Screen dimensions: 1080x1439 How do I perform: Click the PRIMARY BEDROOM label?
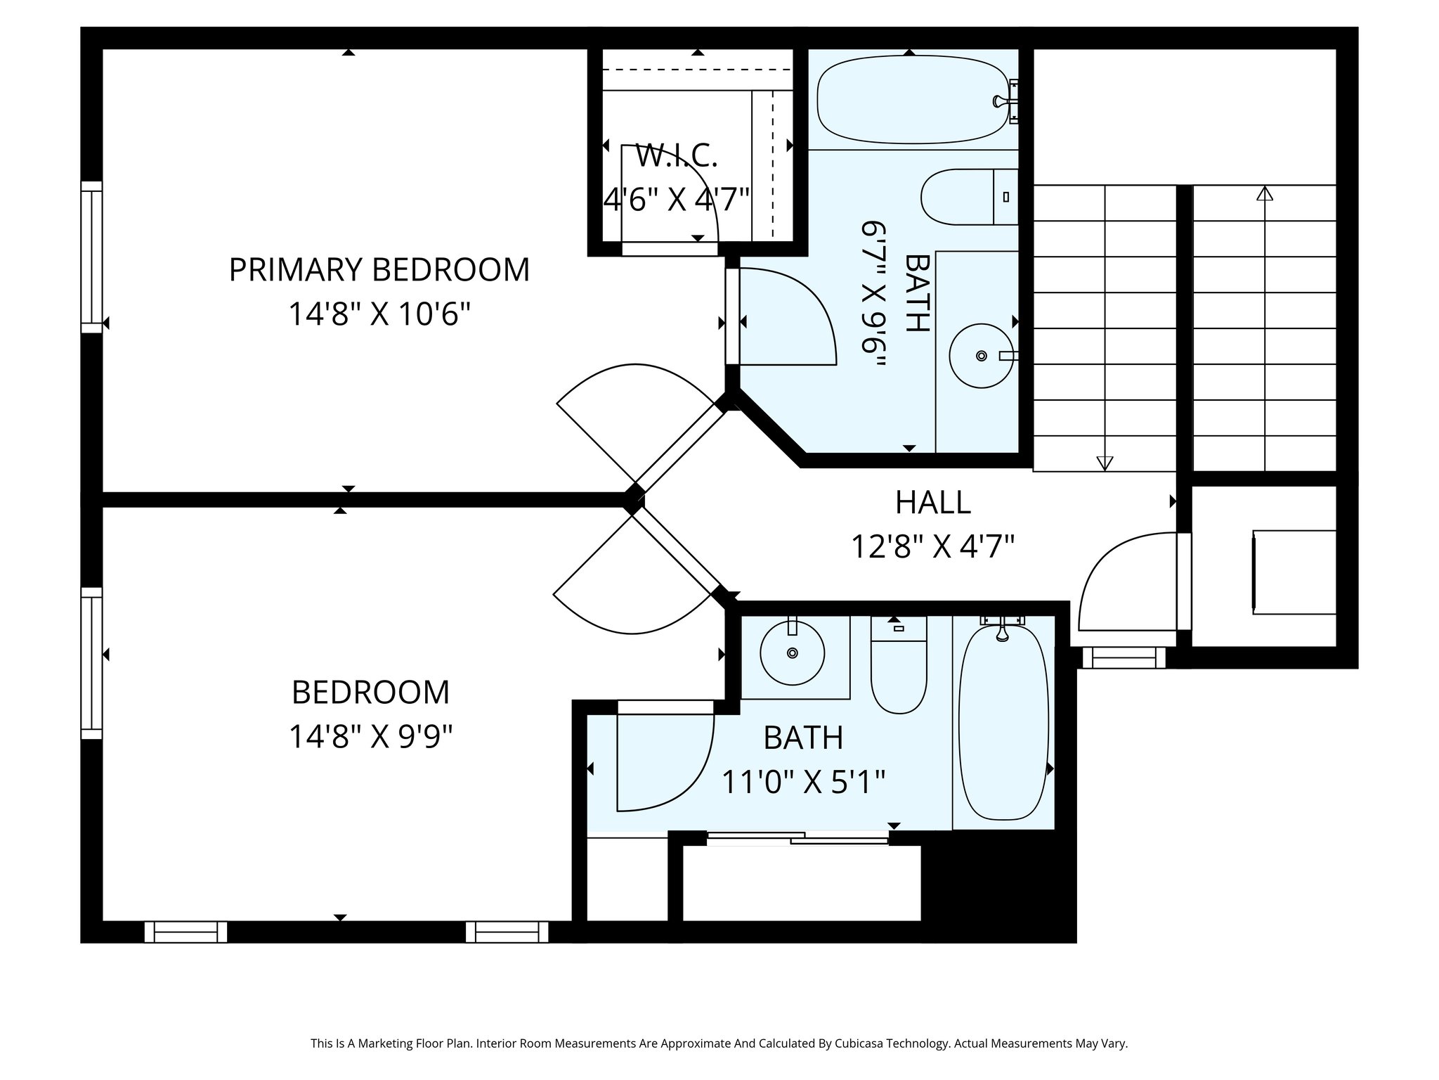click(379, 270)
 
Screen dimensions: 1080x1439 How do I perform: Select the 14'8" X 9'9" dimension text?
click(370, 737)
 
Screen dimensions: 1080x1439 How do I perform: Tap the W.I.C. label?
click(676, 156)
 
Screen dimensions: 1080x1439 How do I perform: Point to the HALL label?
click(932, 502)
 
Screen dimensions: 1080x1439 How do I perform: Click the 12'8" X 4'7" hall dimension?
click(932, 546)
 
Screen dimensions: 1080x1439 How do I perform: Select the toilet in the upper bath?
click(968, 197)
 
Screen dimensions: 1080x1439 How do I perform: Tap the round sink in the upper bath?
click(980, 356)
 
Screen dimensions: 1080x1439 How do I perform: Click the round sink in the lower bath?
click(792, 653)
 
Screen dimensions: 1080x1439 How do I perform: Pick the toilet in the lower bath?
click(898, 675)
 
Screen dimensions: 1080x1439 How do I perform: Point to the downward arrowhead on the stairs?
click(1105, 463)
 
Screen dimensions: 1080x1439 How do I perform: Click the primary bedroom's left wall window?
click(91, 257)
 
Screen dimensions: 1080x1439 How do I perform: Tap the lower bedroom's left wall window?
click(91, 663)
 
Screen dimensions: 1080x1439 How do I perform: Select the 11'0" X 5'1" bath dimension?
click(803, 781)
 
